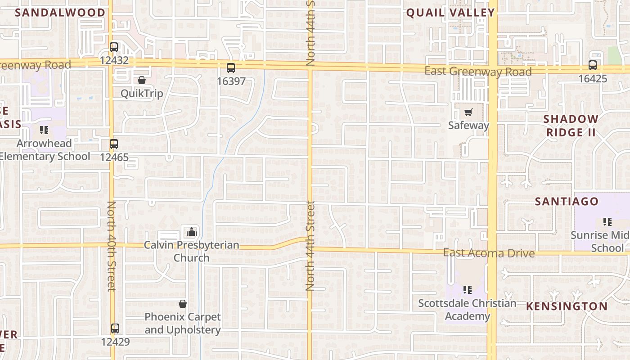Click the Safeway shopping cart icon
(468, 112)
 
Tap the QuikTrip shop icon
(142, 80)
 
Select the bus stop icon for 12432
(114, 47)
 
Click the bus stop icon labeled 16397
(231, 68)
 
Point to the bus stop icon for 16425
(593, 65)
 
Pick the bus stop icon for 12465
(114, 144)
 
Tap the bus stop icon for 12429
(115, 328)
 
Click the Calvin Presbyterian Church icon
(191, 232)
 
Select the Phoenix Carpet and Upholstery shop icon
(183, 304)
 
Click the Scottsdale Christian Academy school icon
(468, 289)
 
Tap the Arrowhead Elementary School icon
(44, 130)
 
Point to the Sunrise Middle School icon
(607, 221)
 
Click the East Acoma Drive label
(489, 253)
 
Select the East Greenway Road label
(478, 72)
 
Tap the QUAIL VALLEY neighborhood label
(450, 13)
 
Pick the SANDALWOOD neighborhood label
(60, 13)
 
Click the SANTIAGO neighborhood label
(567, 201)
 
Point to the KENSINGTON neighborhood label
(567, 306)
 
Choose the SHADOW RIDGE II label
(571, 126)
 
